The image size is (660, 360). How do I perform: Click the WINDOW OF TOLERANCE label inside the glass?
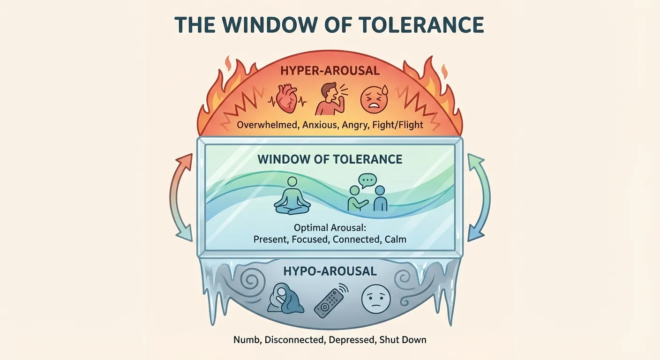[x=330, y=159]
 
